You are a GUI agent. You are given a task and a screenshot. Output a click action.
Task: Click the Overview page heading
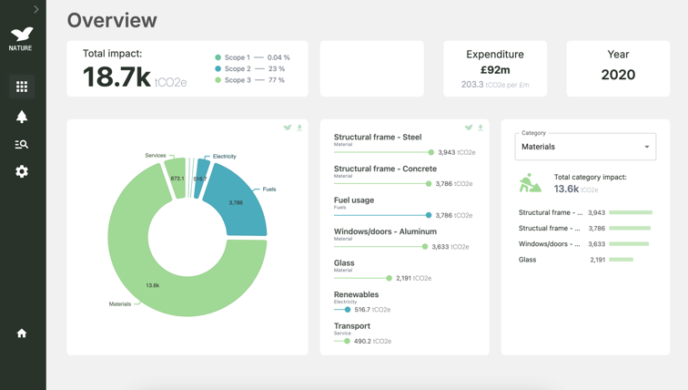112,20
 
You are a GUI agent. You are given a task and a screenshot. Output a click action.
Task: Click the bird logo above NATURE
21,35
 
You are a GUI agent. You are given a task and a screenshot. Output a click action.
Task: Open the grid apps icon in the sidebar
22,87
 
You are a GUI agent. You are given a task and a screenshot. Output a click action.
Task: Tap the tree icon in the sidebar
22,116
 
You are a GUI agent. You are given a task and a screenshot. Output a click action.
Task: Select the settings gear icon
22,171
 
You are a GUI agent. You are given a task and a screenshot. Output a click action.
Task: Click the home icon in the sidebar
22,334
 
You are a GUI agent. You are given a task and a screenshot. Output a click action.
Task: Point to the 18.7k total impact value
116,77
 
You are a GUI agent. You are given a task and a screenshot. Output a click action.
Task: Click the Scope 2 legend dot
218,68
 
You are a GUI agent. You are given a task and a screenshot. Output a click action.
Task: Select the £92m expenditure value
495,70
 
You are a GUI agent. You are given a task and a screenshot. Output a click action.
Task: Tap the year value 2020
618,75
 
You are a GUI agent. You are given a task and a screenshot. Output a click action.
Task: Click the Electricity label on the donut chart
224,157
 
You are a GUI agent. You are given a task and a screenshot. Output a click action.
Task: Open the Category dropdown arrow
647,147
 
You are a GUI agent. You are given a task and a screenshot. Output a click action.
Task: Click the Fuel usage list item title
354,200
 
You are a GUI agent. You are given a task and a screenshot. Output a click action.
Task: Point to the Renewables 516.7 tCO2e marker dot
347,310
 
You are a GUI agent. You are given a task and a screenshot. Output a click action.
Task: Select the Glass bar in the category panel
621,260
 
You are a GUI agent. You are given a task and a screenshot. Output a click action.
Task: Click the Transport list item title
352,325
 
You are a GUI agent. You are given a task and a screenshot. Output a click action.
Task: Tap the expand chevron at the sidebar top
36,9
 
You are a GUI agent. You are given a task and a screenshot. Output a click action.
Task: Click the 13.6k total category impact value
567,189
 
